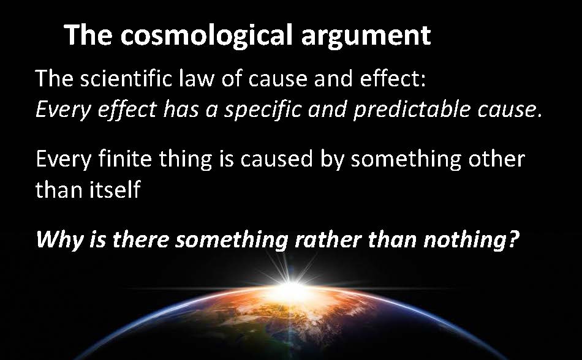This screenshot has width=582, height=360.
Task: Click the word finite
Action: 125,159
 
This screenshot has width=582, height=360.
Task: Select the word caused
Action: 276,159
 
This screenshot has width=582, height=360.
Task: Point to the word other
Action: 496,159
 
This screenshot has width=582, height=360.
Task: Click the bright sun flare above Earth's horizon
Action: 292,286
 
